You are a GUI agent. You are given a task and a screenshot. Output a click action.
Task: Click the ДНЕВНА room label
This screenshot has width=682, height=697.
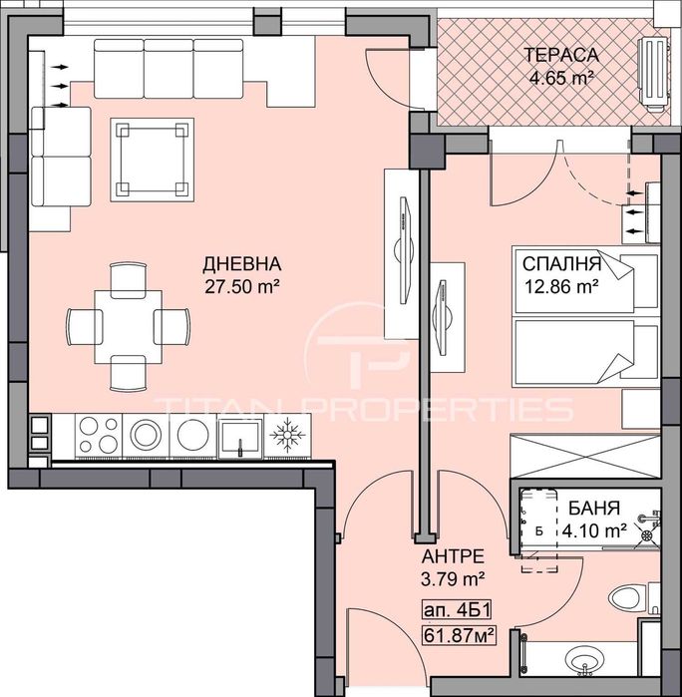(242, 265)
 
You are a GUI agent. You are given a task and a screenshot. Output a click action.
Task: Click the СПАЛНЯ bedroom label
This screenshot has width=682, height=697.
(561, 265)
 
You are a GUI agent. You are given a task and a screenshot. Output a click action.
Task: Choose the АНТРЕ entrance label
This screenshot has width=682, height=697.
(453, 556)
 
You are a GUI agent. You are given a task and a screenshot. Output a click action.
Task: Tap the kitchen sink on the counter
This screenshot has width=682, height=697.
(239, 435)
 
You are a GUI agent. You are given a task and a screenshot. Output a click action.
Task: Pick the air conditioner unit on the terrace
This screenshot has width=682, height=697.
(653, 71)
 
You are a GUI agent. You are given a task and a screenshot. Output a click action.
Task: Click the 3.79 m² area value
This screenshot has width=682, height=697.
(453, 576)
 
